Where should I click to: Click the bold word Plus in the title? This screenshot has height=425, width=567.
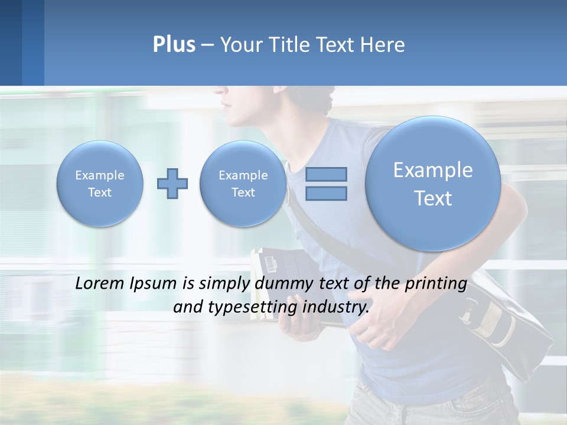pos(174,45)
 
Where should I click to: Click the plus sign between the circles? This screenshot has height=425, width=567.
pos(172,184)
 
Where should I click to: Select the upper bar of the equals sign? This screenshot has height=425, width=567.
pos(326,174)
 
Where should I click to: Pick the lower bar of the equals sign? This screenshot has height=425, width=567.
pos(326,193)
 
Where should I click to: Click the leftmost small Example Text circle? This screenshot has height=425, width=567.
pos(100,184)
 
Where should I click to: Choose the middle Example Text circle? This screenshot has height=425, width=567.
pos(243,184)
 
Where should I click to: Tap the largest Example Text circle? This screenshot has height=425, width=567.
pos(433,184)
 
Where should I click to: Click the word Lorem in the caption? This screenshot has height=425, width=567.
pos(100,283)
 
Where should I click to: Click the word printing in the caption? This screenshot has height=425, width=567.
pos(436,284)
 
